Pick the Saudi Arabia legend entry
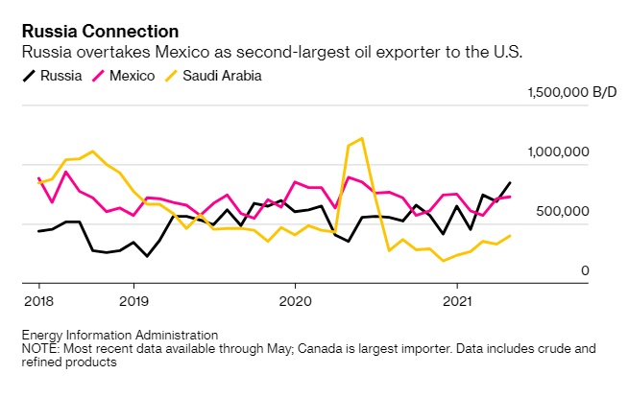point(217,74)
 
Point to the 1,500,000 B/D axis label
point(571,92)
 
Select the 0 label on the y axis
point(584,271)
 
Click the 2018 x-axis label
point(38,299)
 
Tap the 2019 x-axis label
point(133,299)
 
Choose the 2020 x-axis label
point(294,299)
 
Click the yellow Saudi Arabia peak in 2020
point(361,138)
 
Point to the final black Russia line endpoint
point(510,182)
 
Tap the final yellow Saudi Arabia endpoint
point(510,235)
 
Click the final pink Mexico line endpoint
point(510,197)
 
